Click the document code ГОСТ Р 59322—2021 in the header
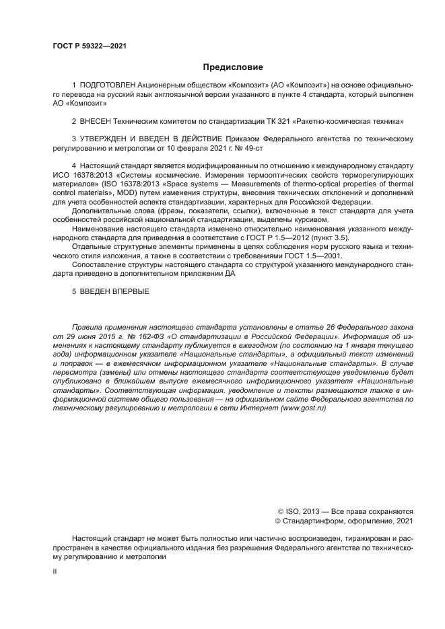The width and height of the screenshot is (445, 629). [x=89, y=46]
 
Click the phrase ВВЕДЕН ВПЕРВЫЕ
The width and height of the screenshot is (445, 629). [x=114, y=291]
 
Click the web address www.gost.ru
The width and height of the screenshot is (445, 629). [x=299, y=408]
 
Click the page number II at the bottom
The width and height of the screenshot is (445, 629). [x=55, y=571]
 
